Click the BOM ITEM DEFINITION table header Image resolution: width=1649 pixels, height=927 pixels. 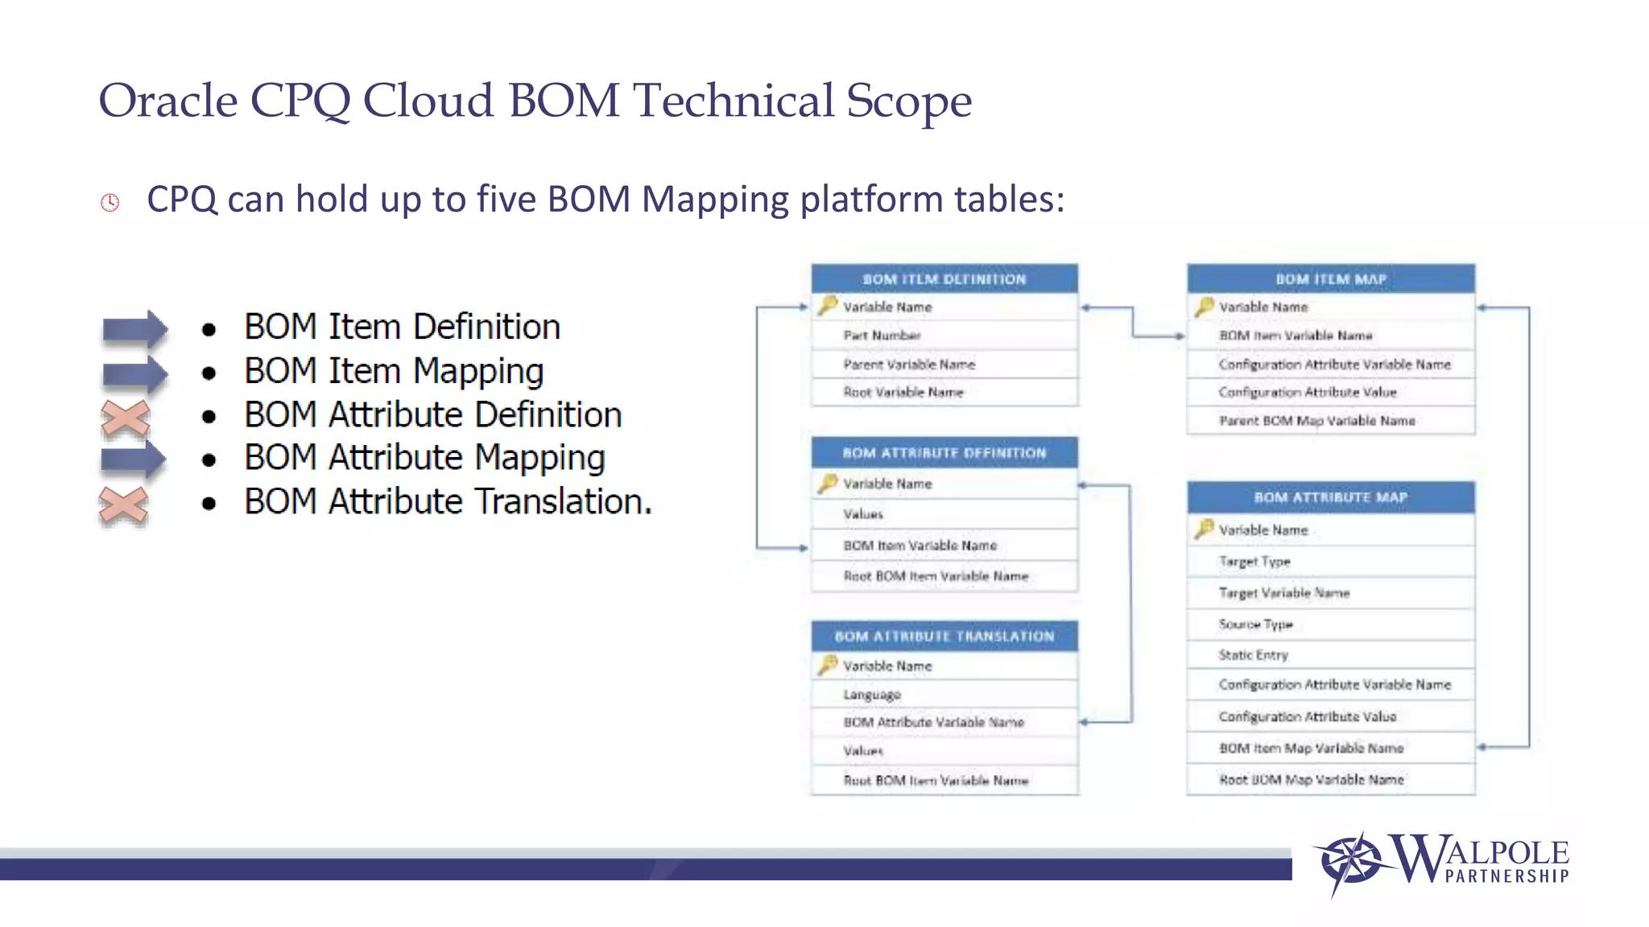pos(944,279)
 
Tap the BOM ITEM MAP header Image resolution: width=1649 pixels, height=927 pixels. pos(1330,279)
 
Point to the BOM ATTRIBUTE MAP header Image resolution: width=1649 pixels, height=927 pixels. pos(1330,498)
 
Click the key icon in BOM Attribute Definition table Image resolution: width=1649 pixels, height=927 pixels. pos(828,483)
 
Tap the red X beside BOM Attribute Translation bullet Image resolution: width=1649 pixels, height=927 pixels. pos(123,506)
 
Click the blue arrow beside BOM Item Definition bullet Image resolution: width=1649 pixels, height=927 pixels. pos(134,328)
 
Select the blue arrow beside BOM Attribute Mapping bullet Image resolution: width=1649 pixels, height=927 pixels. pos(134,459)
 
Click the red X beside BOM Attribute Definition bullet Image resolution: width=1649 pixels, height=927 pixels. pos(126,418)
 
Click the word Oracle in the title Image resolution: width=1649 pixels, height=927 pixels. pos(167,101)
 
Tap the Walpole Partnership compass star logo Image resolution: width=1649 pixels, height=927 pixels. pos(1353,862)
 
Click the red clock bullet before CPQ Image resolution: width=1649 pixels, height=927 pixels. pos(110,202)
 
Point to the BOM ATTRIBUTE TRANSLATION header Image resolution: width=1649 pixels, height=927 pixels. pos(944,637)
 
